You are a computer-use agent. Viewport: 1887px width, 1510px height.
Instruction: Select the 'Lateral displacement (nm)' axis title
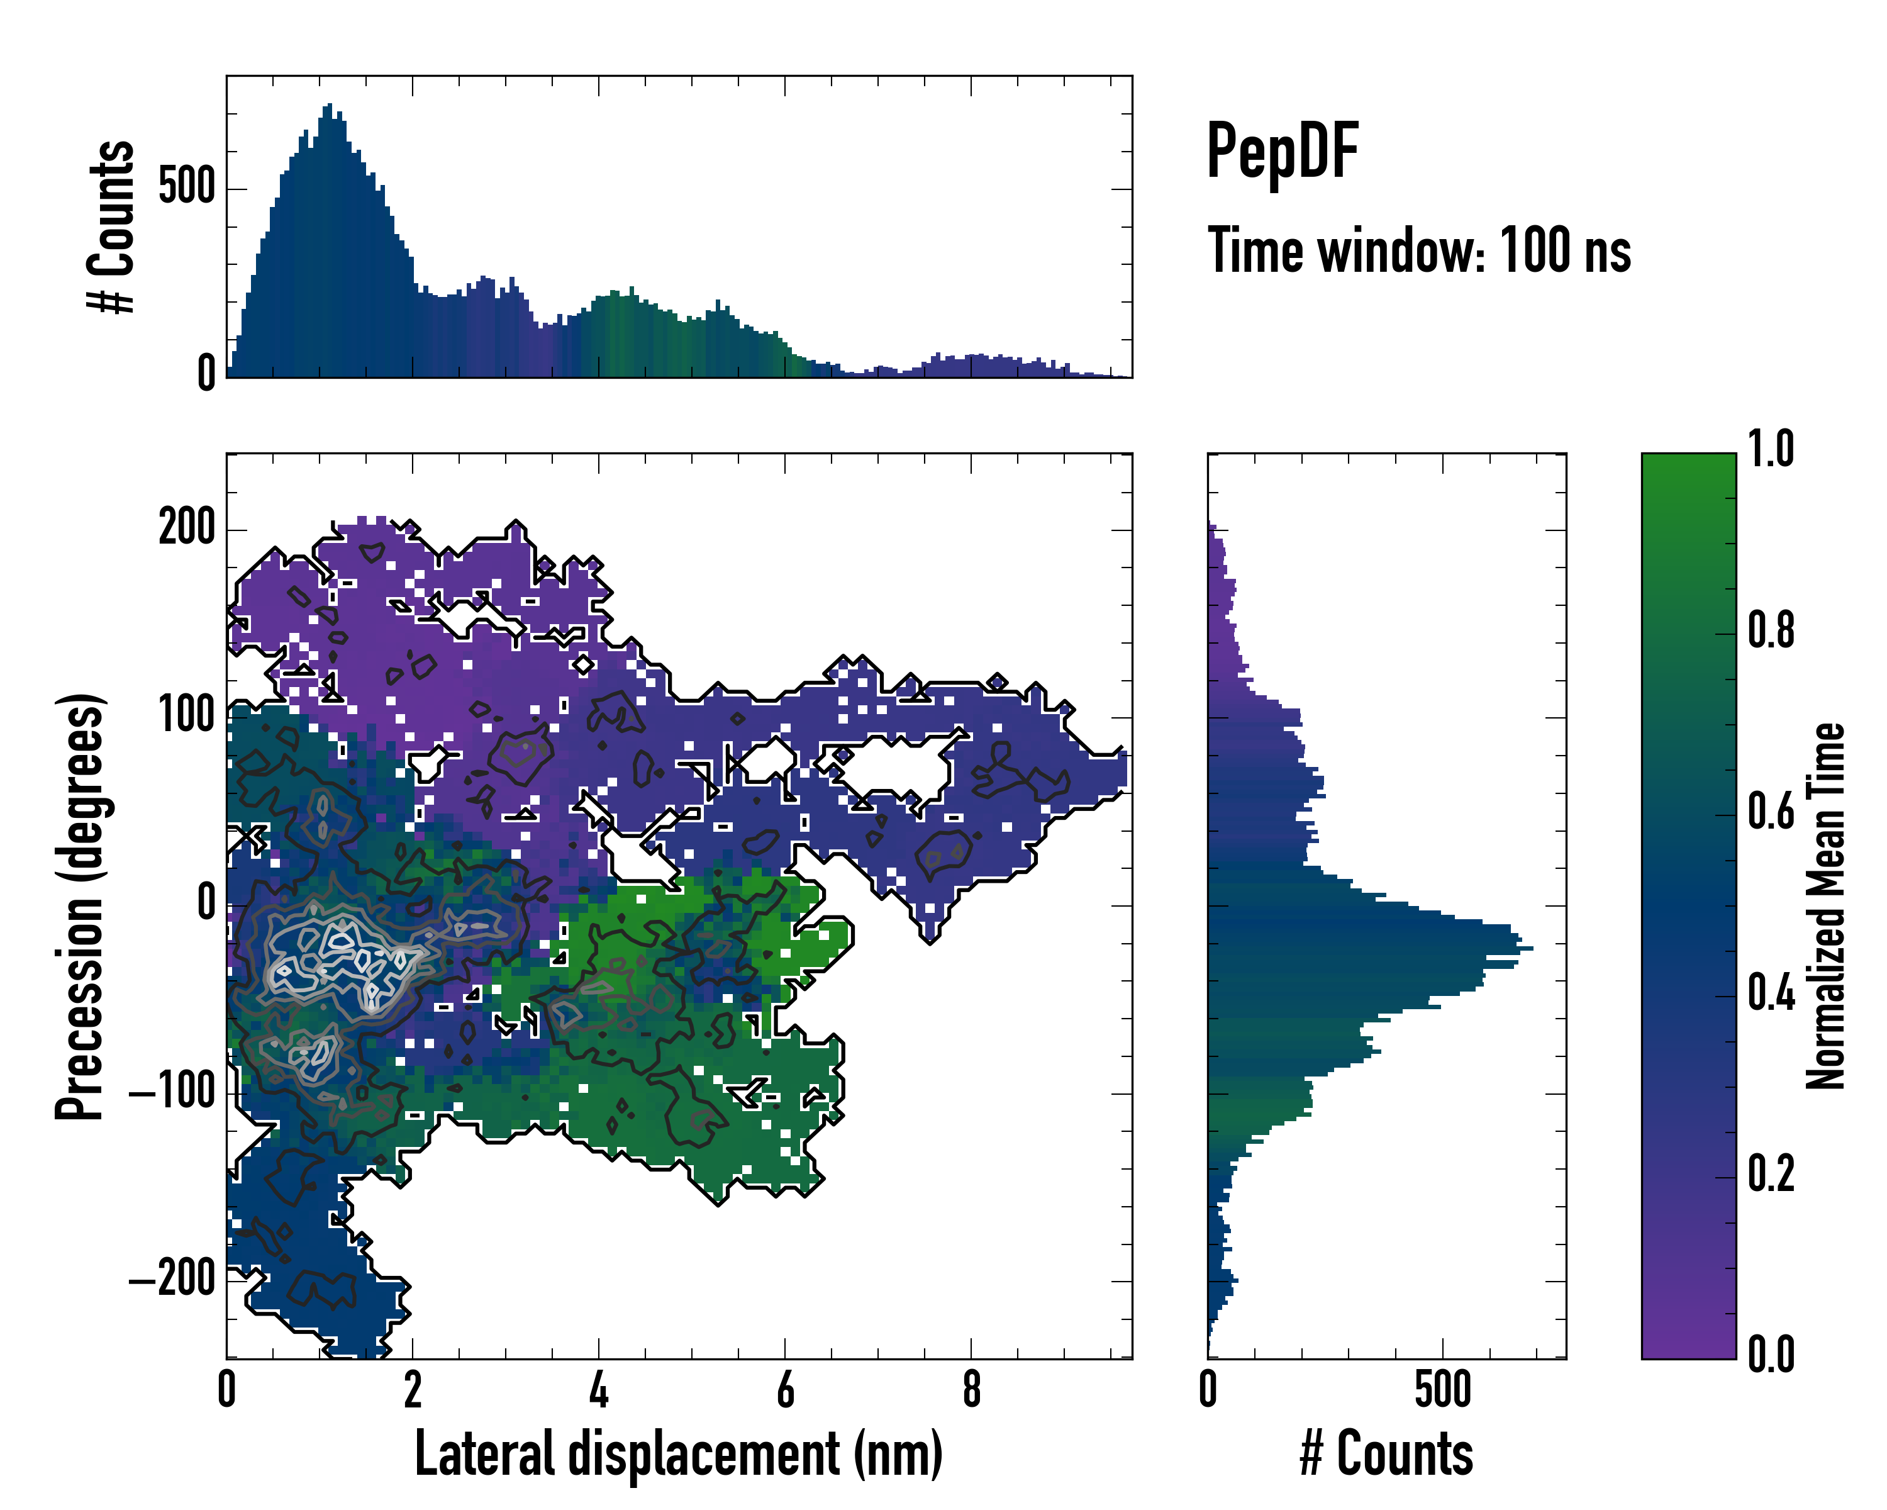[x=678, y=1453]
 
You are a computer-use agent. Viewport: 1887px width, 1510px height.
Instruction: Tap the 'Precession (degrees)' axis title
[x=81, y=906]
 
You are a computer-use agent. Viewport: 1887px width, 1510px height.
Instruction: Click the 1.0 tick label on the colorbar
[x=1771, y=450]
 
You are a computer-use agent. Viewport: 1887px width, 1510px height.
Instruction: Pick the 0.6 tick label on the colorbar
[x=1771, y=812]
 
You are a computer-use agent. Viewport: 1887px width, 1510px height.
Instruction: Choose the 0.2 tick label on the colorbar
[x=1771, y=1175]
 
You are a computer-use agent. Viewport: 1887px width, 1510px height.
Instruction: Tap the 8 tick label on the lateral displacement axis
[x=971, y=1390]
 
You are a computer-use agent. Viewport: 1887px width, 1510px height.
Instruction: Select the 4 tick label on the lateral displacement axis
[x=599, y=1390]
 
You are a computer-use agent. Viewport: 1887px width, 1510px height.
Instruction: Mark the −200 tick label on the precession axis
[x=172, y=1280]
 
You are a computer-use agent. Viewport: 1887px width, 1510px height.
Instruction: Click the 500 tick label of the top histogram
[x=186, y=187]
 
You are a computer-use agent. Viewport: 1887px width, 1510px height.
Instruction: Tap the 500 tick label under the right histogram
[x=1442, y=1390]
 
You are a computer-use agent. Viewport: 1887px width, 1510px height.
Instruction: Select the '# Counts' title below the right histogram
[x=1386, y=1453]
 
